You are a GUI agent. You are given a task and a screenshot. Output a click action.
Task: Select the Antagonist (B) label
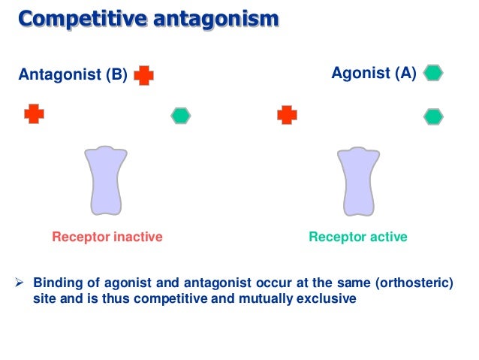tap(72, 75)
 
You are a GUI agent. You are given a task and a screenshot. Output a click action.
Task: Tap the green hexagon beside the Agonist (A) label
tap(434, 73)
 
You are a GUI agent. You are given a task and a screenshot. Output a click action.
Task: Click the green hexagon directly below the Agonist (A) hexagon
tap(434, 116)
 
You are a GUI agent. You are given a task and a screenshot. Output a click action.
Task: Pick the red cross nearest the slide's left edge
tap(34, 114)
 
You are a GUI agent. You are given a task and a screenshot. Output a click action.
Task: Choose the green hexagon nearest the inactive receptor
tap(181, 116)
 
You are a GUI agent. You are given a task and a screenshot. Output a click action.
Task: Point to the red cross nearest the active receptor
tap(287, 115)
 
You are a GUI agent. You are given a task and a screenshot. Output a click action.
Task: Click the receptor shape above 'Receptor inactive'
tap(105, 180)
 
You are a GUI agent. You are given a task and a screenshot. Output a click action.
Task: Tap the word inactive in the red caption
tap(137, 237)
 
